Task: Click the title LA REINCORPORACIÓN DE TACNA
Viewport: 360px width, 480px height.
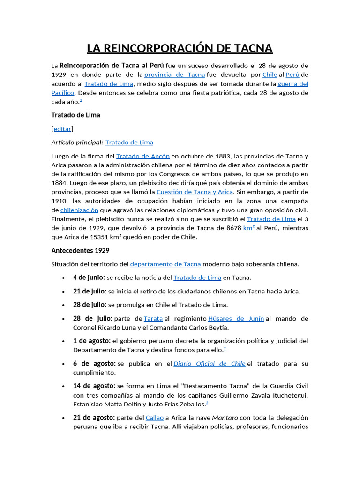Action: (x=180, y=48)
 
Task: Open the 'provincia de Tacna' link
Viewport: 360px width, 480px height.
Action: (x=174, y=75)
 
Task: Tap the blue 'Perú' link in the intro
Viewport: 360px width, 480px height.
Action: (x=292, y=75)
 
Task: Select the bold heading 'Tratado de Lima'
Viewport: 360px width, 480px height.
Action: (x=75, y=115)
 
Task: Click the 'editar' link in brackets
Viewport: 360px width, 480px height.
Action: (x=62, y=129)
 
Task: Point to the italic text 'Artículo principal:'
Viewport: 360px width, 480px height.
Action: (x=77, y=142)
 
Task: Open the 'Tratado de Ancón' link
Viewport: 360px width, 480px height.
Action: (x=142, y=156)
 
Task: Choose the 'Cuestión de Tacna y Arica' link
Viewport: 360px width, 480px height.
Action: (x=195, y=192)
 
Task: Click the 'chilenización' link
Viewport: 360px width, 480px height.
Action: (x=79, y=210)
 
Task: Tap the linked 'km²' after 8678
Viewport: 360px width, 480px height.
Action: (x=249, y=228)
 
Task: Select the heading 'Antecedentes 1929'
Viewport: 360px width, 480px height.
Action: (x=80, y=251)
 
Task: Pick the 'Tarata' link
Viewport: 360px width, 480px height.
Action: (x=153, y=319)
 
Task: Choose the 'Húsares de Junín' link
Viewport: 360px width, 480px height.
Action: (x=236, y=319)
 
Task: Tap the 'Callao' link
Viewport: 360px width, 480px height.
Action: (x=155, y=418)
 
